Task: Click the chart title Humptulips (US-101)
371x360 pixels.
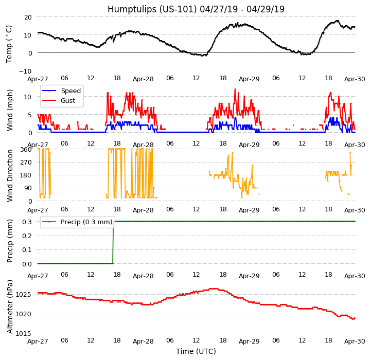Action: coord(196,9)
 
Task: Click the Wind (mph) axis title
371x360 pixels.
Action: coord(9,110)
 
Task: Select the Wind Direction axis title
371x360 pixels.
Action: coord(9,175)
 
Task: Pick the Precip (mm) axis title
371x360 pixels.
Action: coord(9,241)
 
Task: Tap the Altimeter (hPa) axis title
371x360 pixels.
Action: coord(9,306)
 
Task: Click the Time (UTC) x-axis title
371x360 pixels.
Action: coord(196,351)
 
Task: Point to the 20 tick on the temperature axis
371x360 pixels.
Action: coord(27,17)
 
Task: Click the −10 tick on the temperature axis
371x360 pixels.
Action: coord(25,71)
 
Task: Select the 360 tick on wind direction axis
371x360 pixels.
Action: coord(25,149)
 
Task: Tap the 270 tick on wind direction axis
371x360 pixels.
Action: coord(25,162)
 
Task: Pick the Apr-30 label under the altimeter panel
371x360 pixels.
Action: coord(355,341)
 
